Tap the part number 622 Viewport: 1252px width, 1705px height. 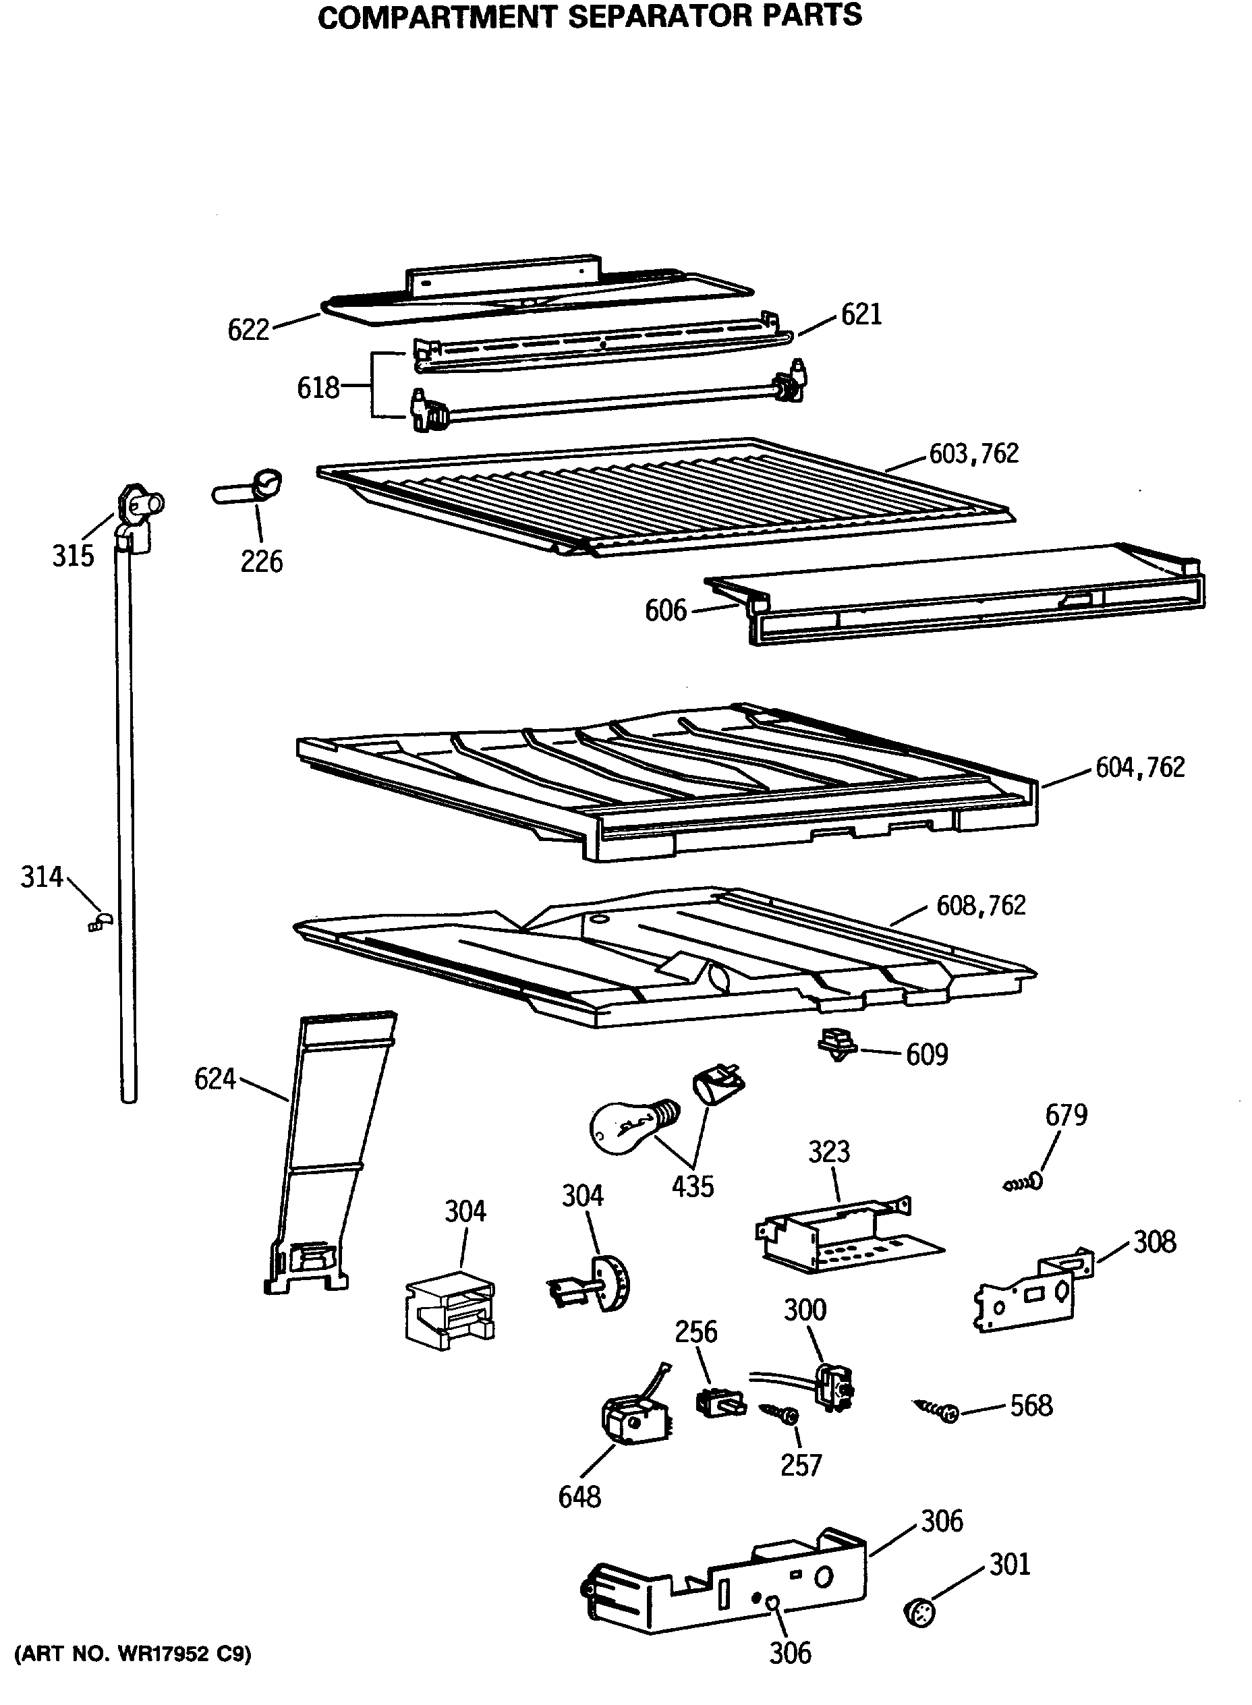(x=249, y=330)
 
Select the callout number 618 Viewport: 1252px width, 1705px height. (x=318, y=388)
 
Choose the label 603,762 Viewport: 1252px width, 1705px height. (x=974, y=453)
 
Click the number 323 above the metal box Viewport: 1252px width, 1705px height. (x=828, y=1152)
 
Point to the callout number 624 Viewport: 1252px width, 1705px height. (x=215, y=1078)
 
